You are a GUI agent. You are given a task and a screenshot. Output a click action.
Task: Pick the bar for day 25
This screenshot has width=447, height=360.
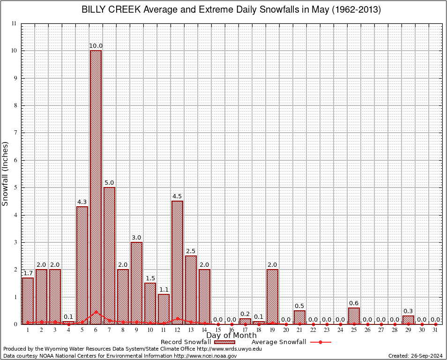(354, 315)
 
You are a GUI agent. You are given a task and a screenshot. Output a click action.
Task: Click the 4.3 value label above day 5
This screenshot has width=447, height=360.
(82, 202)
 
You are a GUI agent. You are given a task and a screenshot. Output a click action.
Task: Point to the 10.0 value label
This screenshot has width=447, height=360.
(96, 46)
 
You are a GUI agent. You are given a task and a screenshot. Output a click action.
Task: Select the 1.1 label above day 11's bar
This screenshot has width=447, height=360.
(164, 290)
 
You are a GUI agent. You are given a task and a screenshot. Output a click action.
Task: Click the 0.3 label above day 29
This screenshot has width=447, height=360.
(408, 311)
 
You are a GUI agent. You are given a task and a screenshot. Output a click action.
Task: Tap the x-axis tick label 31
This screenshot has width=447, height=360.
(435, 330)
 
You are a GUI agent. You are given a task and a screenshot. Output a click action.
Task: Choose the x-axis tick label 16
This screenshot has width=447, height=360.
(231, 330)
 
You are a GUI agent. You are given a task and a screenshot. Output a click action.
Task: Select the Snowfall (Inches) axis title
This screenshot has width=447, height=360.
(6, 173)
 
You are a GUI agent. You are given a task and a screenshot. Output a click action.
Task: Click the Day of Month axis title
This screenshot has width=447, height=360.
(231, 336)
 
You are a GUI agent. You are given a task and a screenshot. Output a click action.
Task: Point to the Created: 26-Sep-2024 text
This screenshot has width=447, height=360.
(415, 356)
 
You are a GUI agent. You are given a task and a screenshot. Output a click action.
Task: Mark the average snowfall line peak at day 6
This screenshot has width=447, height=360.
(96, 311)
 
